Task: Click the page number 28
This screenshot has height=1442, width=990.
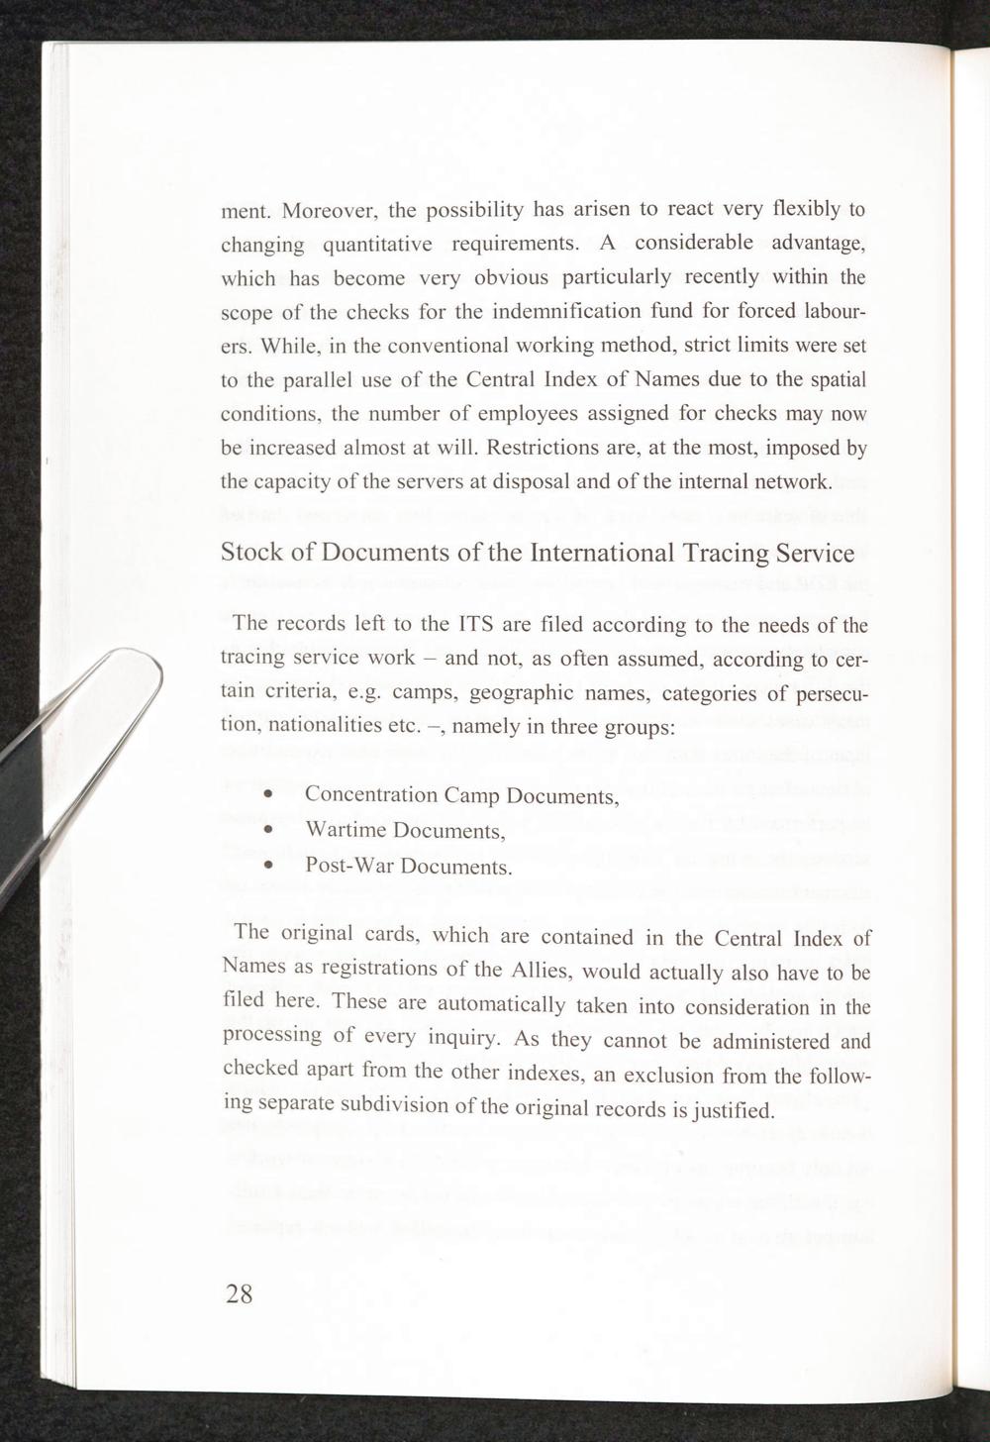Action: [x=240, y=1293]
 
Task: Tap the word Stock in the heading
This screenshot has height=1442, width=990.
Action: [x=253, y=553]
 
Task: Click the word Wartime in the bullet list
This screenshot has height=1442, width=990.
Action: [x=346, y=830]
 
